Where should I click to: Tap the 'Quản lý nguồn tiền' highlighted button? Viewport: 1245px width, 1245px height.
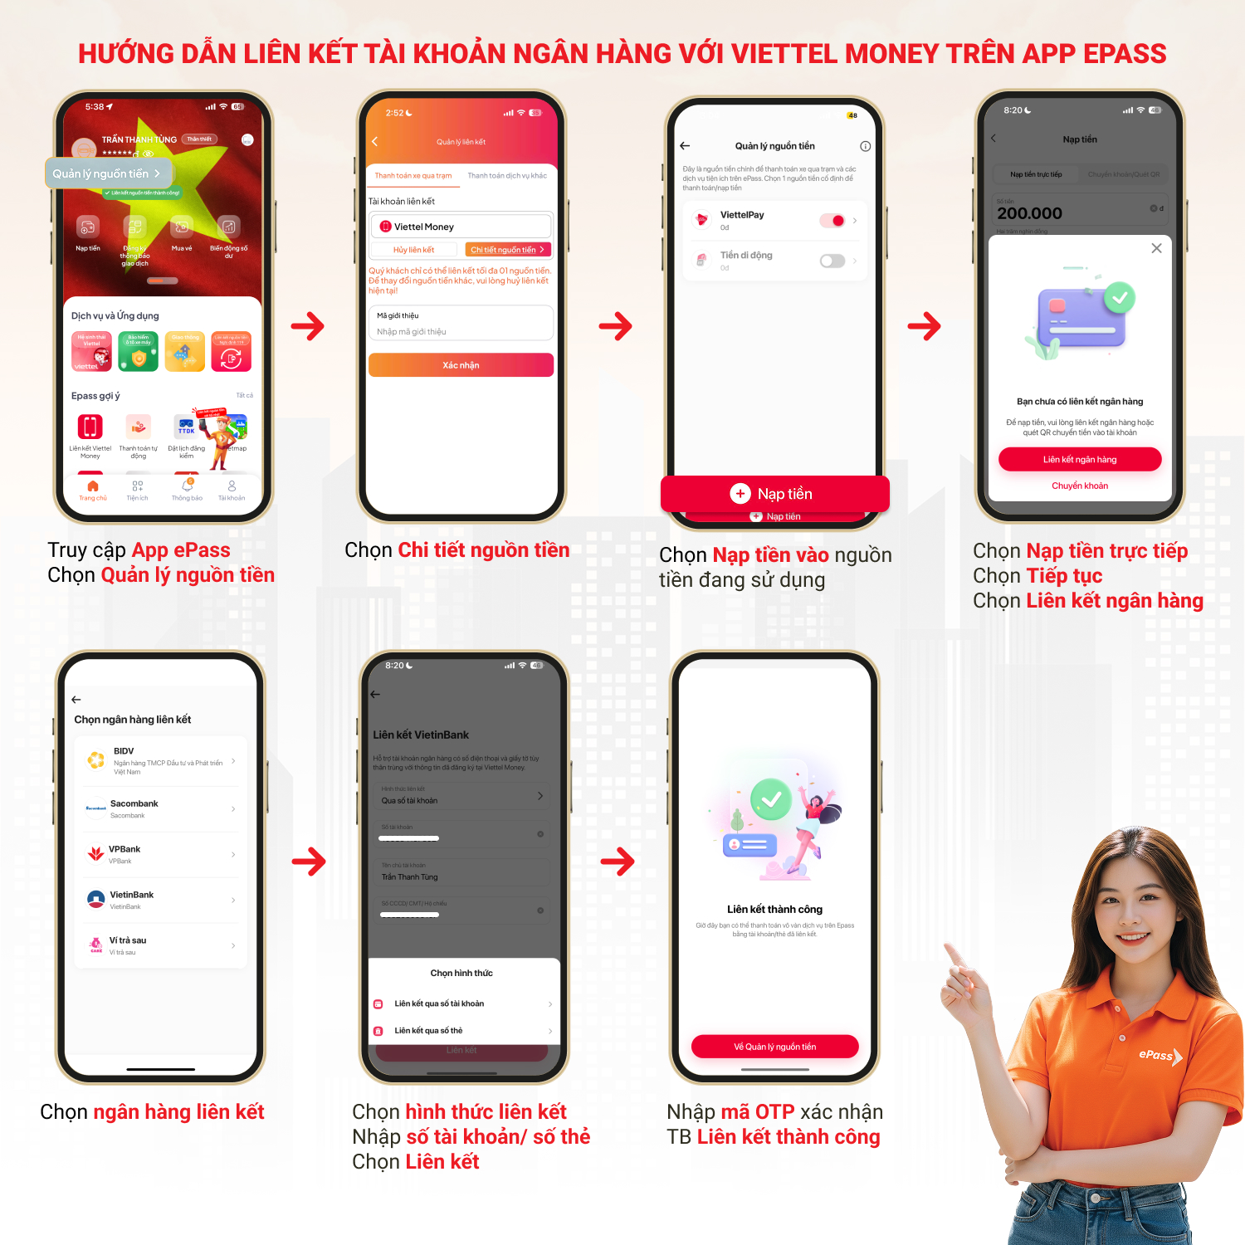(x=107, y=173)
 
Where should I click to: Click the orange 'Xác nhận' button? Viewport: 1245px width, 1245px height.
(x=461, y=365)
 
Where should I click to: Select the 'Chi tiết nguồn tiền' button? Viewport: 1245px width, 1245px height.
(x=507, y=250)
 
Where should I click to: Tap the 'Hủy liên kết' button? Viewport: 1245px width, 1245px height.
(x=413, y=250)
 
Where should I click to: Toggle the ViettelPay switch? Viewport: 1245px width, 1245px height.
(x=832, y=220)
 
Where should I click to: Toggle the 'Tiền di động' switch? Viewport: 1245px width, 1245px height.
(x=832, y=261)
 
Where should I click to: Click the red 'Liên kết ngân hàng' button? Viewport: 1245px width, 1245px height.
(x=1079, y=459)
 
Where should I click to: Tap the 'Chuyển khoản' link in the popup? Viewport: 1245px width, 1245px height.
(x=1079, y=486)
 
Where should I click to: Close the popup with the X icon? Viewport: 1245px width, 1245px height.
(x=1156, y=248)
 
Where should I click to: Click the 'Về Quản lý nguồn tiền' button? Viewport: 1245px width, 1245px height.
(x=774, y=1047)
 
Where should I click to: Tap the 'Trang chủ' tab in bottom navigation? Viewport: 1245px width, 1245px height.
(x=93, y=491)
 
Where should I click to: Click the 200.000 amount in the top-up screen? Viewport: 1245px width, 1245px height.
(x=1029, y=213)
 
